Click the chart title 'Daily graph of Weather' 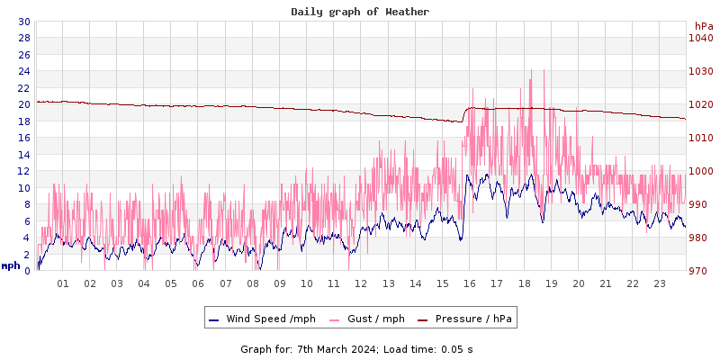[x=360, y=12]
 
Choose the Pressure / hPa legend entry [x=472, y=319]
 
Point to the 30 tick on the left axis [x=23, y=22]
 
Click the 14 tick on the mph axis [x=23, y=155]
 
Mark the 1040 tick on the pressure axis [x=700, y=38]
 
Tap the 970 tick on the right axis [x=700, y=271]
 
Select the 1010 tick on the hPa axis [x=700, y=138]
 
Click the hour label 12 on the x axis [x=361, y=283]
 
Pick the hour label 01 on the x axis [x=63, y=283]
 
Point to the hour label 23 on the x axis [x=659, y=283]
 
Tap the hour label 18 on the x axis [x=524, y=283]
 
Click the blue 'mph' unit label [x=10, y=265]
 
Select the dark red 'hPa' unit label [x=703, y=26]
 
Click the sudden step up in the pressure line [x=464, y=113]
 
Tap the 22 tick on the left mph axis [x=23, y=88]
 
